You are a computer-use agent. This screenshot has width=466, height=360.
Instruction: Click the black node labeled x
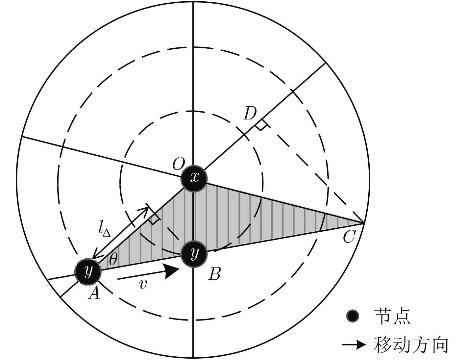[194, 178]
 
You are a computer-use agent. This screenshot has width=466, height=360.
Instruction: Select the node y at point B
[194, 254]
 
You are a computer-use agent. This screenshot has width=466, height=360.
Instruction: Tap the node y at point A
[88, 272]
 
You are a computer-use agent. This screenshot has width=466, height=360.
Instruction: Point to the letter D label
[250, 113]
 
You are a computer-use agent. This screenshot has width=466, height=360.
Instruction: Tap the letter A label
[94, 293]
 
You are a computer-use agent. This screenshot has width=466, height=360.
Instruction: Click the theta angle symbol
[113, 259]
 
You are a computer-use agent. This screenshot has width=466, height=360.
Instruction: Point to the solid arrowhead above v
[171, 271]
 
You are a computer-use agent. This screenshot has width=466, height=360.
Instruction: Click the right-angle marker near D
[261, 125]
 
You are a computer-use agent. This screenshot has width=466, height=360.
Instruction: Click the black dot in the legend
[353, 316]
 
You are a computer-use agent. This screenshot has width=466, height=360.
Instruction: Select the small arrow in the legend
[354, 345]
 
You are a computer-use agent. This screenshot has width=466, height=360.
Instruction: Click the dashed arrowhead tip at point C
[364, 223]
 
